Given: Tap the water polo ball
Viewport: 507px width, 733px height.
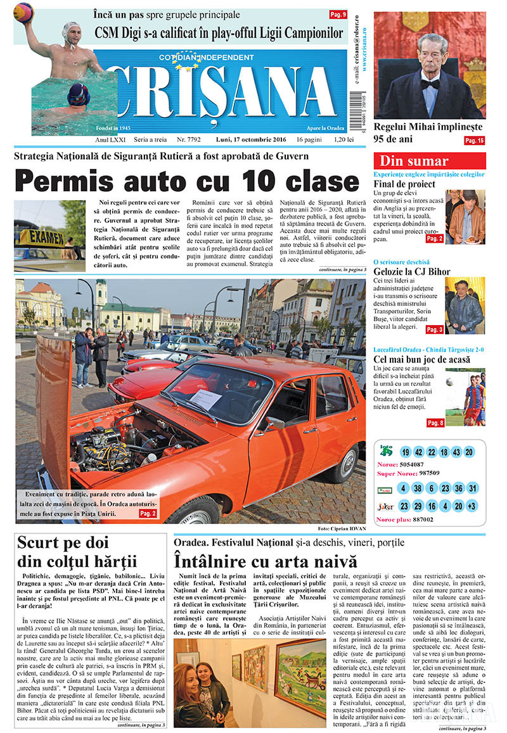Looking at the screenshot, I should click(x=23, y=11).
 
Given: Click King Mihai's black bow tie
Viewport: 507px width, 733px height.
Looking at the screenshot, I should click(x=431, y=83).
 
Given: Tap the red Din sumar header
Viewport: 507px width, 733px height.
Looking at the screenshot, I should click(x=430, y=161).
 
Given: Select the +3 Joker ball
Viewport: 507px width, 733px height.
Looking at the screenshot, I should click(x=471, y=506).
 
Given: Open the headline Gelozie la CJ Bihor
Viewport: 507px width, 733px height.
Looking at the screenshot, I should click(x=412, y=272).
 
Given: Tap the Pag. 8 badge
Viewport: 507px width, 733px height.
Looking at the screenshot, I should click(x=435, y=423).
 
